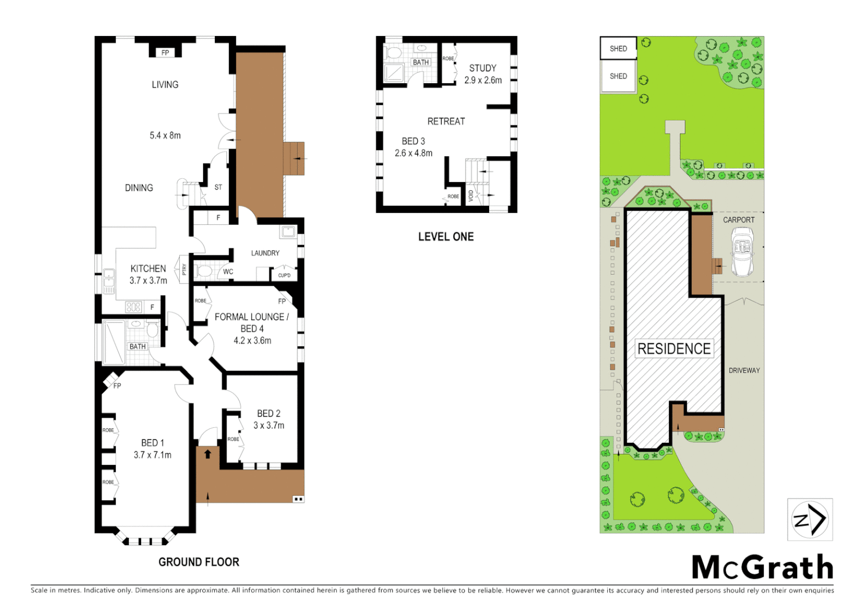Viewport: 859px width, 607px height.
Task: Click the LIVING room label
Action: pyautogui.click(x=165, y=85)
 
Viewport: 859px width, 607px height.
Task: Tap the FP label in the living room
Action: pyautogui.click(x=165, y=53)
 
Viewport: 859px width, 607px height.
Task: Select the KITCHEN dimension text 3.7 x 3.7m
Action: pyautogui.click(x=148, y=280)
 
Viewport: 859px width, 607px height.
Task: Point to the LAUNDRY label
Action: pyautogui.click(x=265, y=253)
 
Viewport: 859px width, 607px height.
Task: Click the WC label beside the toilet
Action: pyautogui.click(x=228, y=272)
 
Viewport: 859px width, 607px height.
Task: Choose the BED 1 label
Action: pyautogui.click(x=152, y=443)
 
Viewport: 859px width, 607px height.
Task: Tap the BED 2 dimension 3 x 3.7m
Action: pyautogui.click(x=269, y=425)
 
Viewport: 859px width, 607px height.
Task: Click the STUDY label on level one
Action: pyautogui.click(x=482, y=68)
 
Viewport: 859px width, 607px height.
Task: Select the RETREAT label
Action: pyautogui.click(x=446, y=121)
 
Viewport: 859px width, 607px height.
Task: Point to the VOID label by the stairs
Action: pyautogui.click(x=471, y=196)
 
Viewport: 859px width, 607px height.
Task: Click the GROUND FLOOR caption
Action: pyautogui.click(x=198, y=562)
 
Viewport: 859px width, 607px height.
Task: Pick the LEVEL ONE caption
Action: pyautogui.click(x=446, y=237)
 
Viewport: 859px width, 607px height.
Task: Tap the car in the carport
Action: pyautogui.click(x=742, y=252)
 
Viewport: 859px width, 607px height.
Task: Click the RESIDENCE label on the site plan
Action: pyautogui.click(x=673, y=348)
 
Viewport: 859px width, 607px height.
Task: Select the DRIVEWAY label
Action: pyautogui.click(x=744, y=370)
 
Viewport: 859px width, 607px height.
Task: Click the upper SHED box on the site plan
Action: pyautogui.click(x=618, y=48)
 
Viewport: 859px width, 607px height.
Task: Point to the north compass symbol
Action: pyautogui.click(x=810, y=519)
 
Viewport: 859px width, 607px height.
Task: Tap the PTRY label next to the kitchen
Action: pyautogui.click(x=184, y=270)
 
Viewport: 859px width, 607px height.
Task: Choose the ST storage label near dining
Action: pyautogui.click(x=218, y=187)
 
